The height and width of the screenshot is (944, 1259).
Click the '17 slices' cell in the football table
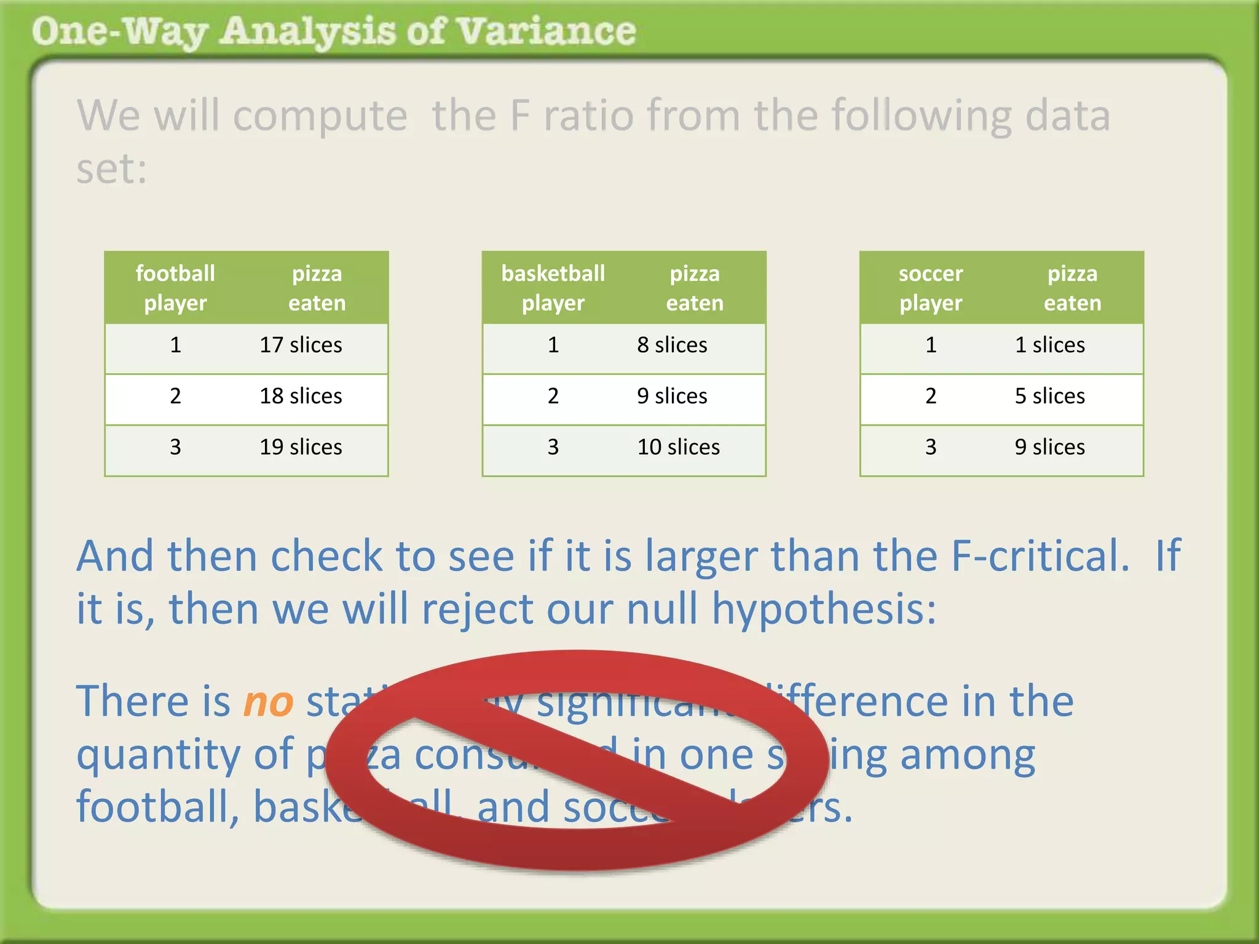301,345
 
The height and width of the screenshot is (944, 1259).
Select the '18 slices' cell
301,396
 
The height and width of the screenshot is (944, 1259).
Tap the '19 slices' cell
301,447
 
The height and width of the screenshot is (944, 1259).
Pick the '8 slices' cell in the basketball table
672,345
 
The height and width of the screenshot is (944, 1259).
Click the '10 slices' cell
678,447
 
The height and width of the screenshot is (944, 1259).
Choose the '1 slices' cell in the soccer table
1049,345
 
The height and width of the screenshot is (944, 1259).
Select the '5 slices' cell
1049,396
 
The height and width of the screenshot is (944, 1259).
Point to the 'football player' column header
175,288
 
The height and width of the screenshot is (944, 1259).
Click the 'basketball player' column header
553,288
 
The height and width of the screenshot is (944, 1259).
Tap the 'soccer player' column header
931,288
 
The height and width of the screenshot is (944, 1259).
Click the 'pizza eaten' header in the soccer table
1072,288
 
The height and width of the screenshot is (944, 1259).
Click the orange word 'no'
268,702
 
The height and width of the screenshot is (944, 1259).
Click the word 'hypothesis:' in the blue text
824,610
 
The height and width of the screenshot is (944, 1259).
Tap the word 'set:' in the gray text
111,169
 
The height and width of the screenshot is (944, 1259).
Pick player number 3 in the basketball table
553,447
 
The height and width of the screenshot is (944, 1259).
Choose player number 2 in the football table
175,396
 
